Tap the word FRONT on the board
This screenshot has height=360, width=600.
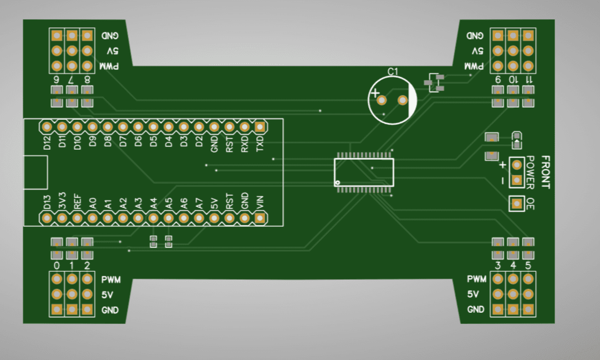pyautogui.click(x=546, y=172)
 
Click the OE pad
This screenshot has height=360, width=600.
pyautogui.click(x=517, y=204)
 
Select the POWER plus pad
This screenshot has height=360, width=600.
pyautogui.click(x=517, y=164)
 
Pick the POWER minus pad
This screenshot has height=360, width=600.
pyautogui.click(x=517, y=180)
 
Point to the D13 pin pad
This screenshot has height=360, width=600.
pyautogui.click(x=47, y=219)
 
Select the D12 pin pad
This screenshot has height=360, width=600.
pyautogui.click(x=47, y=127)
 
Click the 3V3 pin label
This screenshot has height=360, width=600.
pyautogui.click(x=62, y=200)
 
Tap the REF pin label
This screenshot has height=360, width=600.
pyautogui.click(x=77, y=200)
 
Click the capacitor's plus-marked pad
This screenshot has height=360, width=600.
pyautogui.click(x=382, y=100)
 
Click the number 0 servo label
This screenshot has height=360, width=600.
pyautogui.click(x=56, y=265)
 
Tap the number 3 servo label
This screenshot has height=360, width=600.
pyautogui.click(x=498, y=265)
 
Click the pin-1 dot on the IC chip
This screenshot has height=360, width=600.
pyautogui.click(x=337, y=182)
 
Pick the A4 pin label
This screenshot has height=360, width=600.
pyautogui.click(x=153, y=203)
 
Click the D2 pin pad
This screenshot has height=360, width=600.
pyautogui.click(x=199, y=127)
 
